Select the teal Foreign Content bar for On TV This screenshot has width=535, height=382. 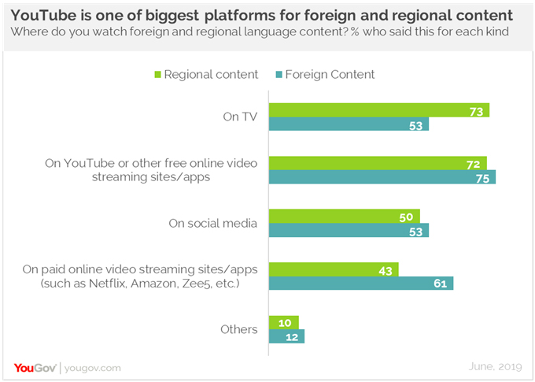click(x=349, y=124)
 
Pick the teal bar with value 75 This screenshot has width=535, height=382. click(x=382, y=177)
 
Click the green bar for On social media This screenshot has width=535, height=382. click(x=344, y=216)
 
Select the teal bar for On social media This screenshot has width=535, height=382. click(x=349, y=230)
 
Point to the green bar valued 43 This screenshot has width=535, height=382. click(x=334, y=269)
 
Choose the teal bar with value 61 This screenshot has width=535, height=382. click(x=361, y=283)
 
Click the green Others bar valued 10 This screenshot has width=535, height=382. click(x=284, y=322)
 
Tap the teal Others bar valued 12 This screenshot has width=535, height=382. click(x=286, y=336)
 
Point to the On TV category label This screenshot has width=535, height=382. click(x=238, y=117)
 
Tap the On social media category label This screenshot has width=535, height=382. click(x=212, y=223)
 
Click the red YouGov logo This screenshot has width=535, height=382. click(x=34, y=367)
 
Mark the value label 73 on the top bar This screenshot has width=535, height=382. click(x=475, y=111)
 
